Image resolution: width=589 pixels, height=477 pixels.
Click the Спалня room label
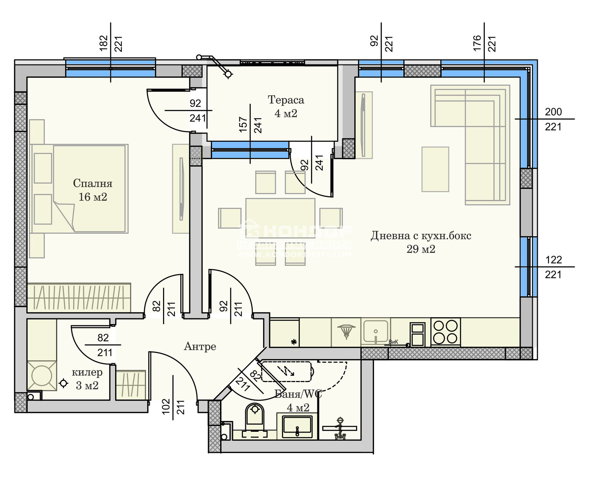(x=92, y=183)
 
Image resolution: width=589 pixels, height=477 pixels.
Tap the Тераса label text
(x=286, y=100)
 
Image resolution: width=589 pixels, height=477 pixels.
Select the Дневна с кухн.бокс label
(x=421, y=236)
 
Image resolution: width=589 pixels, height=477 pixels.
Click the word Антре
(x=200, y=346)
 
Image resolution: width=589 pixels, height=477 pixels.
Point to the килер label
(x=87, y=372)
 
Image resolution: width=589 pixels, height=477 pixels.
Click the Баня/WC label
(x=298, y=394)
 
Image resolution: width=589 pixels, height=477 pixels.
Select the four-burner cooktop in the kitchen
(x=445, y=332)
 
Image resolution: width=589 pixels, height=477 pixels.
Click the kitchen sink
(x=375, y=331)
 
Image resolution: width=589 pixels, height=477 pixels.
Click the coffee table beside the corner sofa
(x=435, y=169)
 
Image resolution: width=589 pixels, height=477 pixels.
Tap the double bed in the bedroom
(x=88, y=188)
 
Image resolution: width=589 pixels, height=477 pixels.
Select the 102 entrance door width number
(x=166, y=406)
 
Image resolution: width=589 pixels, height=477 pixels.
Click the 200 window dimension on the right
(x=553, y=112)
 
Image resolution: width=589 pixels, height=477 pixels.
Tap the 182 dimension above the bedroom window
(x=103, y=43)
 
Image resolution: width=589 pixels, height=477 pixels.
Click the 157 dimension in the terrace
(x=243, y=124)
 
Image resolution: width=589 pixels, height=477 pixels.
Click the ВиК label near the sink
(x=393, y=342)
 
